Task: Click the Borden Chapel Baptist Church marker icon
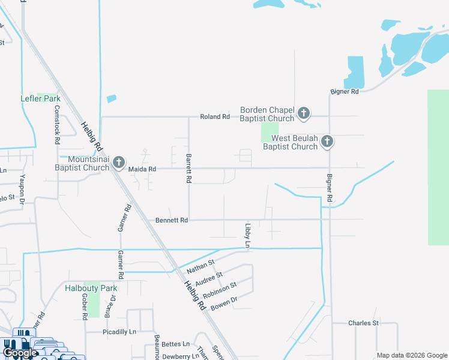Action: (304, 113)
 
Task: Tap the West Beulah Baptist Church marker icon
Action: (327, 142)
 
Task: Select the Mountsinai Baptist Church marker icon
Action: (119, 162)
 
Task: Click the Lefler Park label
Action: (40, 98)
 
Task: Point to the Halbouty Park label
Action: (91, 289)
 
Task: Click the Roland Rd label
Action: (215, 116)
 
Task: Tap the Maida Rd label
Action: (142, 170)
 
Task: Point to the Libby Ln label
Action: (247, 235)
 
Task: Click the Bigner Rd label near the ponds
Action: (345, 92)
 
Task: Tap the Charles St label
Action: (364, 323)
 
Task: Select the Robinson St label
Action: (219, 290)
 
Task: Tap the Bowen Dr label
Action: (224, 302)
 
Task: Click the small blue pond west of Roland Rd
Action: (111, 99)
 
